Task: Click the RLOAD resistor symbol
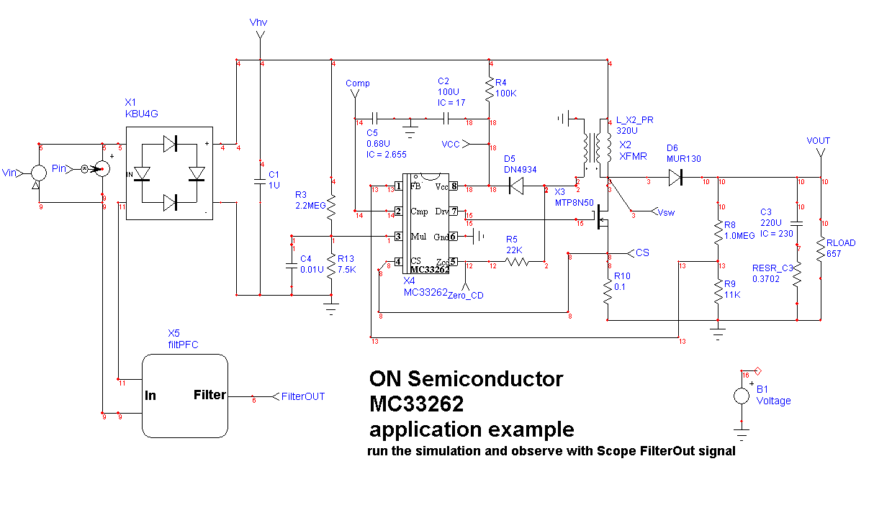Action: point(821,250)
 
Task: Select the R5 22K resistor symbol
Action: point(516,263)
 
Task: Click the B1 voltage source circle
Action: point(742,396)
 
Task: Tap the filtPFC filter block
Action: point(185,395)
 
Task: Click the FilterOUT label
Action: point(303,396)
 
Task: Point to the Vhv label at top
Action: point(258,23)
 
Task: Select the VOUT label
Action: point(819,140)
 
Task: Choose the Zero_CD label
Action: point(466,295)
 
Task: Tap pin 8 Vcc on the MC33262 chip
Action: point(454,186)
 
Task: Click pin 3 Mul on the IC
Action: point(397,236)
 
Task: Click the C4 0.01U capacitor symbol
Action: point(292,265)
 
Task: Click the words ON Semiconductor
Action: point(466,378)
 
